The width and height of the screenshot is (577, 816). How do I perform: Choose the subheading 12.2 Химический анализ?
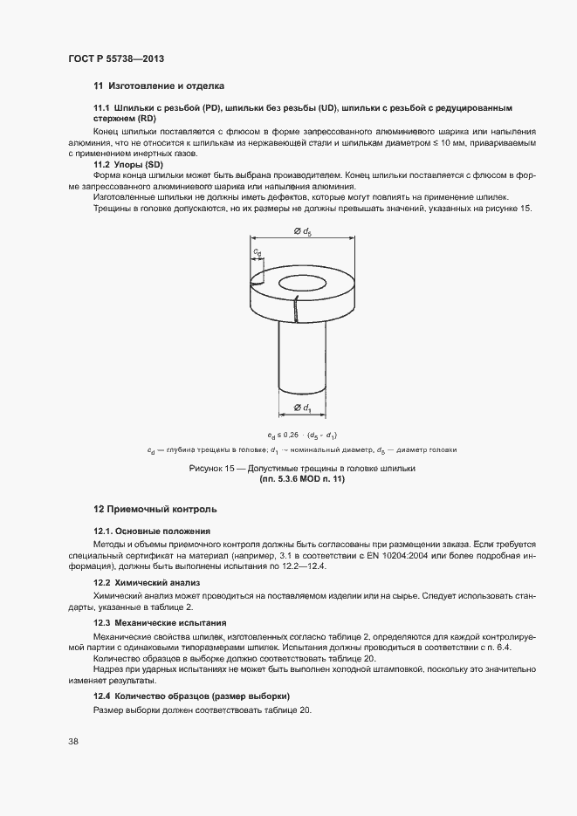(148, 581)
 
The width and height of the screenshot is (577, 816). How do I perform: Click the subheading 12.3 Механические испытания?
(160, 622)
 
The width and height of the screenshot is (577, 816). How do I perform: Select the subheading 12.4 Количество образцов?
(191, 695)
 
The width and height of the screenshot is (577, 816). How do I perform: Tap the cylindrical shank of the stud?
(303, 358)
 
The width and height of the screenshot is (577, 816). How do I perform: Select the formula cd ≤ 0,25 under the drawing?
(303, 435)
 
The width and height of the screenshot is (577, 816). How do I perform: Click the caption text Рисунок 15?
(210, 469)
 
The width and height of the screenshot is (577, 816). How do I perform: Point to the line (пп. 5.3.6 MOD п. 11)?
(302, 479)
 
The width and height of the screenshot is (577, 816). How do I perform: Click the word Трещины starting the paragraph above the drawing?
(115, 209)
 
